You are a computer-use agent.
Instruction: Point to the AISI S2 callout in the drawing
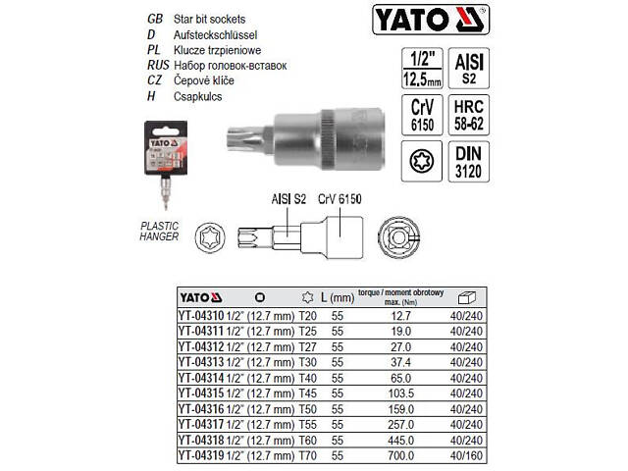288,199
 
